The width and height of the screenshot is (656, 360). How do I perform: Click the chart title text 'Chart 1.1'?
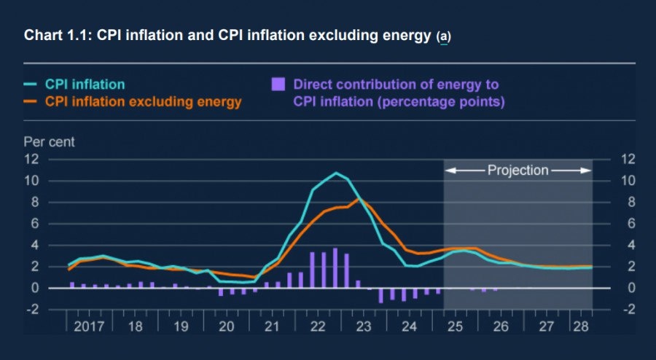[52, 36]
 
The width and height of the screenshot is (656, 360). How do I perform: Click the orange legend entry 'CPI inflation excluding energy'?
[143, 102]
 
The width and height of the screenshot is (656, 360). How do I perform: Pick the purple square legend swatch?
[278, 85]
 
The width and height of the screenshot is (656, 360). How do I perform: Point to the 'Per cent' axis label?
[49, 141]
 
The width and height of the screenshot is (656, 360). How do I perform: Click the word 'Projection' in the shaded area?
[518, 171]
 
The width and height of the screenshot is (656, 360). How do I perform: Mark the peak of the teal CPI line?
[336, 173]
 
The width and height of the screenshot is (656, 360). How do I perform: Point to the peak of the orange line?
[359, 198]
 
